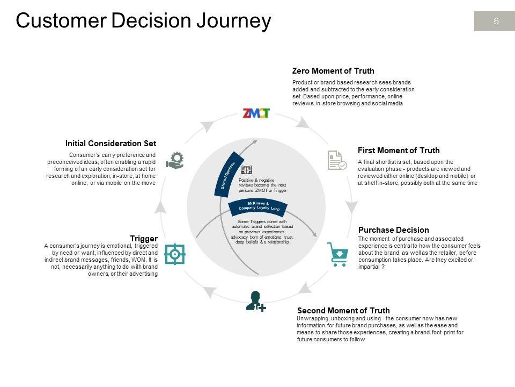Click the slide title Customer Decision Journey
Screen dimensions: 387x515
[143, 21]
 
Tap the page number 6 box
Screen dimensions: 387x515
[496, 21]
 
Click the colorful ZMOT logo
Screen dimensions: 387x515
[256, 113]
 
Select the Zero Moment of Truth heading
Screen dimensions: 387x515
[333, 71]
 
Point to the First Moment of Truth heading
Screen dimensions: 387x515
[399, 150]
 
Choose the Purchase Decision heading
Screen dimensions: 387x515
[393, 230]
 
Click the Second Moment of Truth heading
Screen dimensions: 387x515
[343, 311]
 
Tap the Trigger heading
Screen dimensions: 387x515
[144, 239]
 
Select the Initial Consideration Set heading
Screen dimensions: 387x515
[111, 144]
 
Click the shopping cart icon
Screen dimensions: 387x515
[337, 254]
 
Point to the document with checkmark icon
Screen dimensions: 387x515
[337, 160]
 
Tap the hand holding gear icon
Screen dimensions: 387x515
[175, 160]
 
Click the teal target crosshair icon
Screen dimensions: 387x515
[175, 254]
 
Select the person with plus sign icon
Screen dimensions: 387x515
[255, 301]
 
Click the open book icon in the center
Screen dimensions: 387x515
[246, 169]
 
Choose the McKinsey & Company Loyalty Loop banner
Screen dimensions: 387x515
[259, 205]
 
